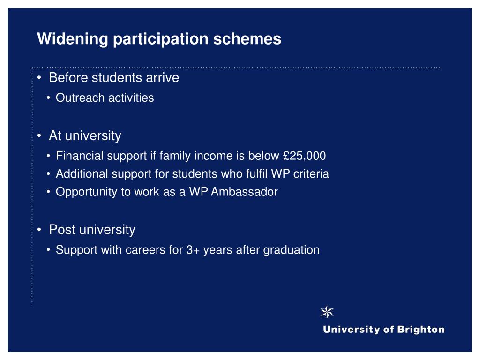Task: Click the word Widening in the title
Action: point(73,39)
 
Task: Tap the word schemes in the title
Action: point(247,39)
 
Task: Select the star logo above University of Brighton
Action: point(327,312)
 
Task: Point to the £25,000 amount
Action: point(304,156)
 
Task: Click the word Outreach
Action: point(80,97)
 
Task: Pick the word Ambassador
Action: point(244,192)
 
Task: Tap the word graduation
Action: point(292,250)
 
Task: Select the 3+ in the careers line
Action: point(193,250)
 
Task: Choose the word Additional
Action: point(82,174)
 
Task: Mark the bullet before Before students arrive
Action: point(39,78)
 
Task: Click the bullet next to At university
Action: point(39,135)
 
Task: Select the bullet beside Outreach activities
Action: point(48,98)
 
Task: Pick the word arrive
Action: point(163,78)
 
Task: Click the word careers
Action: point(145,250)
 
